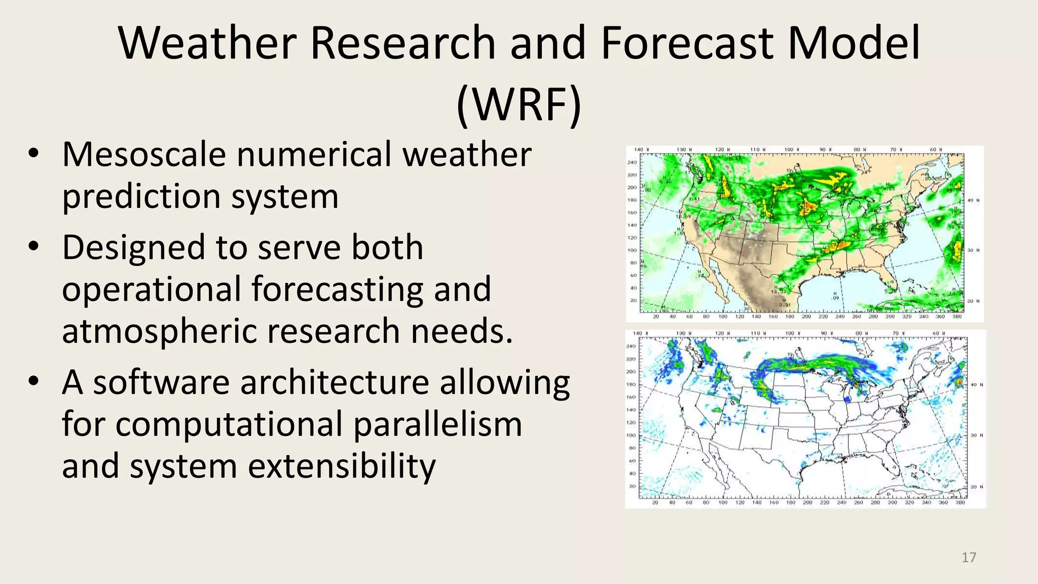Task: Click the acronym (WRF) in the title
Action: pos(518,105)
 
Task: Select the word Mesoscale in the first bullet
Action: pos(144,154)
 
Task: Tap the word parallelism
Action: pos(437,424)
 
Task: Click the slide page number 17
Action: pos(969,558)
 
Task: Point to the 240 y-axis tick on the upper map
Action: pos(632,163)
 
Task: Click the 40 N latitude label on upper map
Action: pos(973,201)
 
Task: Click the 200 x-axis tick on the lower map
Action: pos(807,503)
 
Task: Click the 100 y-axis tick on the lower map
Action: pos(631,435)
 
